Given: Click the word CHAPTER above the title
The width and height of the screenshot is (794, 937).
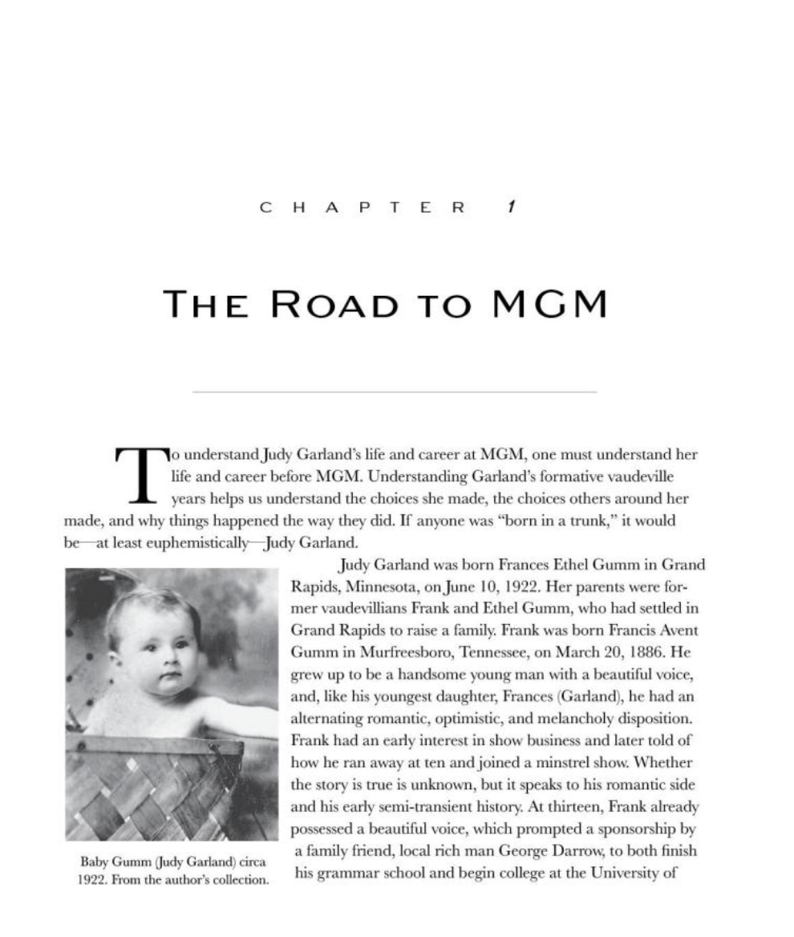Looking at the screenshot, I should tap(363, 207).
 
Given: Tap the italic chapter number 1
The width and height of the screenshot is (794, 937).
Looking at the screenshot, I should tap(511, 207).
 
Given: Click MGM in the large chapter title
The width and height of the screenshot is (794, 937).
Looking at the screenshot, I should tap(549, 304).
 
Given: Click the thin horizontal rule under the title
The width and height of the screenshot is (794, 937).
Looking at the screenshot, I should tap(395, 392).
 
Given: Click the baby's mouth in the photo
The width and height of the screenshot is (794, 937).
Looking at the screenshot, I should tap(169, 677).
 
